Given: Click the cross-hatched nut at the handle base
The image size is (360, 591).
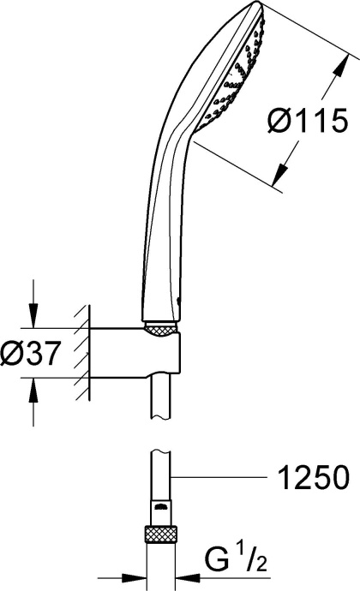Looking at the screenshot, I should (162, 327).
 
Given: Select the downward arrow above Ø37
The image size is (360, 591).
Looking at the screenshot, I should (33, 319).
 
